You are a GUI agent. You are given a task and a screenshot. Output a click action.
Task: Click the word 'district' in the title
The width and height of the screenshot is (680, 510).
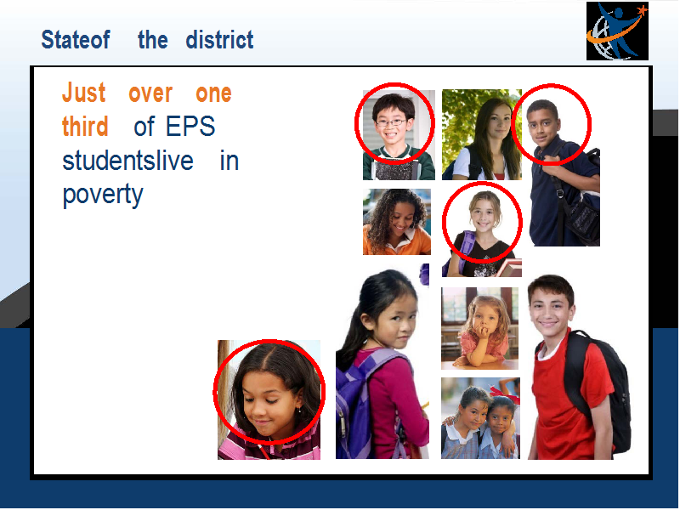coord(219,40)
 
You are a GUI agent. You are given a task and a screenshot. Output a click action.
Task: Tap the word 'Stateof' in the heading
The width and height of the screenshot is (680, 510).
coord(76,40)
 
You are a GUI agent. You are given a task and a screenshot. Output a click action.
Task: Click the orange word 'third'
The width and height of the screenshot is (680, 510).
coord(85,126)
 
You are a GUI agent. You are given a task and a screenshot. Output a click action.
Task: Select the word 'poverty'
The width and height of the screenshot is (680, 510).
coord(103,195)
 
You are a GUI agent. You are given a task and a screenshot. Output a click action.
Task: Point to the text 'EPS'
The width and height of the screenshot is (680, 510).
coord(190,126)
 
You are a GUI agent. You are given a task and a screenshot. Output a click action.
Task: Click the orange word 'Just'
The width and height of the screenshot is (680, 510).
coord(83,93)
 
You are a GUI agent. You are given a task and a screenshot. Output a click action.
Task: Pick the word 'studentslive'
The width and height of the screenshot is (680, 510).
coord(128,161)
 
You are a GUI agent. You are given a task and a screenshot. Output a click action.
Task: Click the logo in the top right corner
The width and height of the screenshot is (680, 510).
coord(617,31)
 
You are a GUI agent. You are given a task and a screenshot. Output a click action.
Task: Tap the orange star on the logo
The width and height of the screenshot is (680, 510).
coord(643,9)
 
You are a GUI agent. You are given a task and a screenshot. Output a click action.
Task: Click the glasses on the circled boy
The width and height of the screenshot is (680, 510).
coord(391,122)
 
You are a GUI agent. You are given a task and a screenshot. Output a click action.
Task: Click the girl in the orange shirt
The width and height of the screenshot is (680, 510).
coord(397,222)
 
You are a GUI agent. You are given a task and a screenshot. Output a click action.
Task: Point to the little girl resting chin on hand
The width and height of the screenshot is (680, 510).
coord(480,328)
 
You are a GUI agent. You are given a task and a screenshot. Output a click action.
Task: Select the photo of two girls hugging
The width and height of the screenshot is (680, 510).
coord(480,418)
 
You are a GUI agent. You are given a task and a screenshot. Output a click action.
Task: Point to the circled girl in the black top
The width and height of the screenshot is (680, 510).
coord(482,235)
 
